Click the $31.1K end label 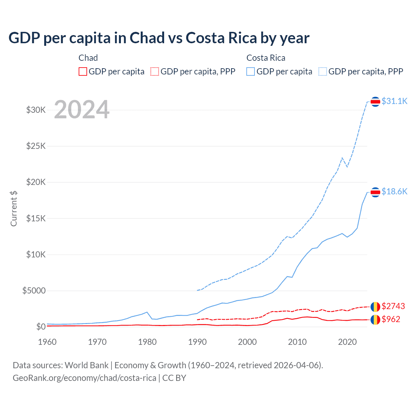pyautogui.click(x=394, y=101)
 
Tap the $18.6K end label pyautogui.click(x=394, y=191)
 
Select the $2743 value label pyautogui.click(x=393, y=306)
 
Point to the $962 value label pyautogui.click(x=391, y=319)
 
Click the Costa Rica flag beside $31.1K pyautogui.click(x=375, y=102)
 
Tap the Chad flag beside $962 pyautogui.click(x=375, y=319)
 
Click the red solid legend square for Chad pyautogui.click(x=83, y=71)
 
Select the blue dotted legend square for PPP pyautogui.click(x=323, y=71)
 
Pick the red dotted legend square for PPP pyautogui.click(x=155, y=71)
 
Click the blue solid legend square pyautogui.click(x=251, y=71)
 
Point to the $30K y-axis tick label pyautogui.click(x=36, y=110)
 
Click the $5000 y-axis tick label pyautogui.click(x=34, y=291)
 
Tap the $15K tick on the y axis pyautogui.click(x=36, y=218)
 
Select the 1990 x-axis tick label pyautogui.click(x=197, y=342)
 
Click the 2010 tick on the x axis pyautogui.click(x=297, y=342)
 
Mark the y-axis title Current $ pyautogui.click(x=14, y=208)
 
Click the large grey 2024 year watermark pyautogui.click(x=82, y=110)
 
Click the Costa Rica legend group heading pyautogui.click(x=266, y=58)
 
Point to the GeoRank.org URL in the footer pyautogui.click(x=84, y=378)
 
